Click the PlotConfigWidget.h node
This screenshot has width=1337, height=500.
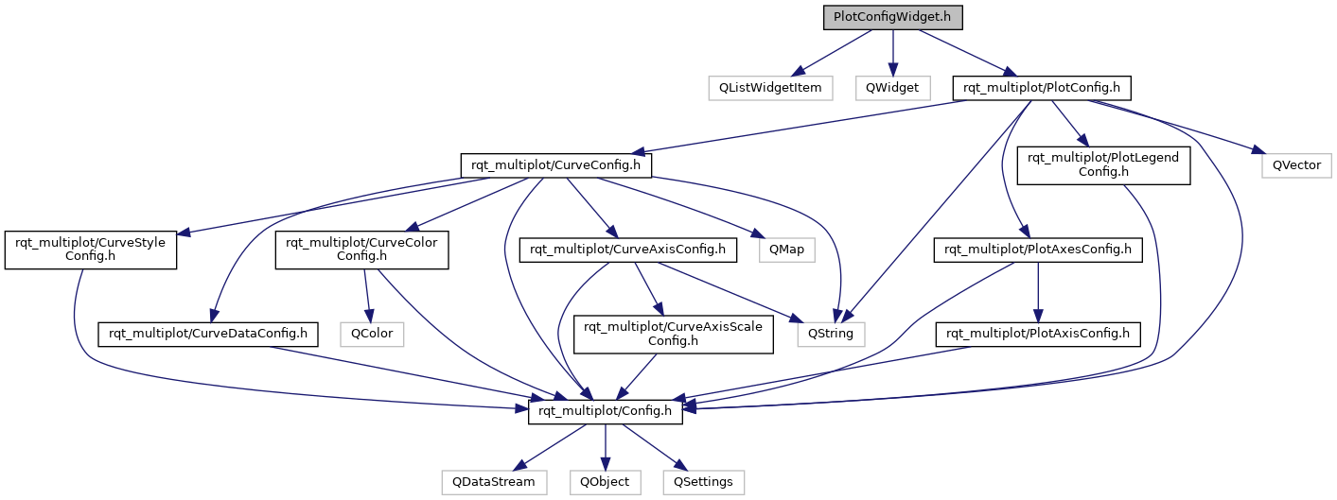coord(892,18)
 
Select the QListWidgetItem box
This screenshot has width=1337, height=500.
coord(771,88)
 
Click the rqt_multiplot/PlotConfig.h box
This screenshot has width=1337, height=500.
coord(1041,88)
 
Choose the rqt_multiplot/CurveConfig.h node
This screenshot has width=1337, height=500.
coord(556,164)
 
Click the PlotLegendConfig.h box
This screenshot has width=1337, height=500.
coord(1102,164)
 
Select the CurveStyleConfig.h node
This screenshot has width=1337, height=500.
coord(91,250)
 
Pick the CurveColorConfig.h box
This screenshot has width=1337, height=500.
coord(361,250)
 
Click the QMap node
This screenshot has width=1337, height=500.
coord(782,250)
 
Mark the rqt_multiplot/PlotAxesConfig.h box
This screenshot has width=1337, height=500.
coord(1039,250)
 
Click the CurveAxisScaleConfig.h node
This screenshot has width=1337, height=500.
coord(675,334)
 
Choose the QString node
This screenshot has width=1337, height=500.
coord(831,334)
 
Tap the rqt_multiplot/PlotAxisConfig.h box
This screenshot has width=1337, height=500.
coord(1039,334)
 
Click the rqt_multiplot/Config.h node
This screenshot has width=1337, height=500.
coord(606,410)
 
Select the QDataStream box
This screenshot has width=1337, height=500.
coord(493,481)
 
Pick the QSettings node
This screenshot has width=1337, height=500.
coord(703,481)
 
